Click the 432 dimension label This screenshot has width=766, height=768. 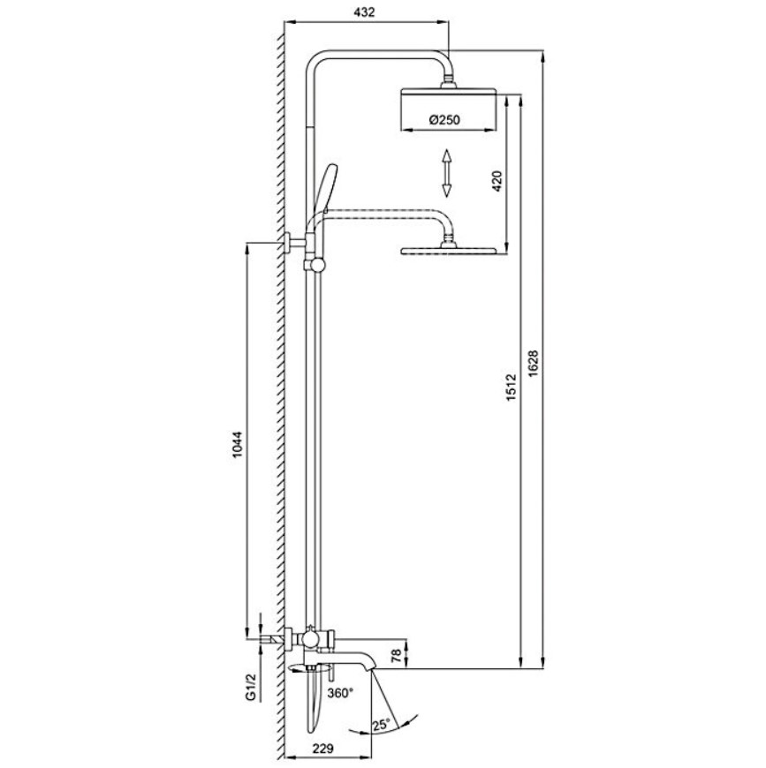(x=364, y=11)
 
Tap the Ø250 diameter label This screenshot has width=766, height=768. (x=444, y=119)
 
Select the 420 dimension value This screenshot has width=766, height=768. (x=497, y=181)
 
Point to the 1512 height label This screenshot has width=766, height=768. (x=512, y=388)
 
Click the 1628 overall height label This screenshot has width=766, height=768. (x=534, y=364)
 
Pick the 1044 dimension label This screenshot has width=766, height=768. (x=237, y=444)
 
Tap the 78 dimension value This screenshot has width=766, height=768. (x=397, y=655)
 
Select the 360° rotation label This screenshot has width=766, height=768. (x=340, y=693)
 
